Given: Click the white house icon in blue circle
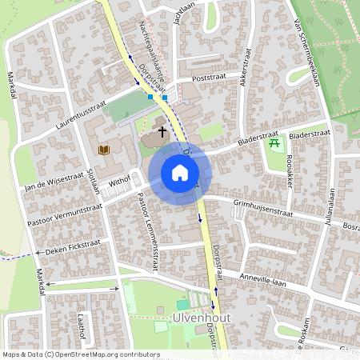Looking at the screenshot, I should pos(180,173).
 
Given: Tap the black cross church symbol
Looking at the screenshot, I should pos(162,131).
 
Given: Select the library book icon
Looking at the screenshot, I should pos(103,150).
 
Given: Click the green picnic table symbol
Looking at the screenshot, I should pos(275,144).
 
